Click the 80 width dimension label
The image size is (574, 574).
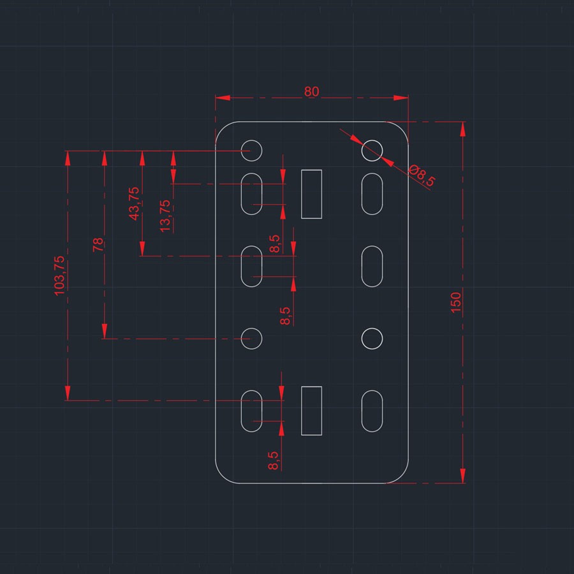coord(311,91)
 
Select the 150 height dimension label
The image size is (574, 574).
coord(456,302)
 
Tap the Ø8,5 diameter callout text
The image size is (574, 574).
coord(422,176)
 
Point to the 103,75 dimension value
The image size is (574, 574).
coord(59,276)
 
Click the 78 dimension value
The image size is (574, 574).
coord(98,244)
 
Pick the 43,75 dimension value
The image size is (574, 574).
coord(134,203)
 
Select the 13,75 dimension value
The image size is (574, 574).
coord(165,216)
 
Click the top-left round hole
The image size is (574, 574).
coord(251,151)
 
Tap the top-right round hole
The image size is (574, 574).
coord(372,151)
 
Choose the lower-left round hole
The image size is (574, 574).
coord(251,339)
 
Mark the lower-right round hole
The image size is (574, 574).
coord(372,339)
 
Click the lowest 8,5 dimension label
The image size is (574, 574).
coord(274,460)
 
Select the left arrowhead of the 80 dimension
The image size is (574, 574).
coord(223,98)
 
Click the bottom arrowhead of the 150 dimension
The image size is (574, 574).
coord(463,476)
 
